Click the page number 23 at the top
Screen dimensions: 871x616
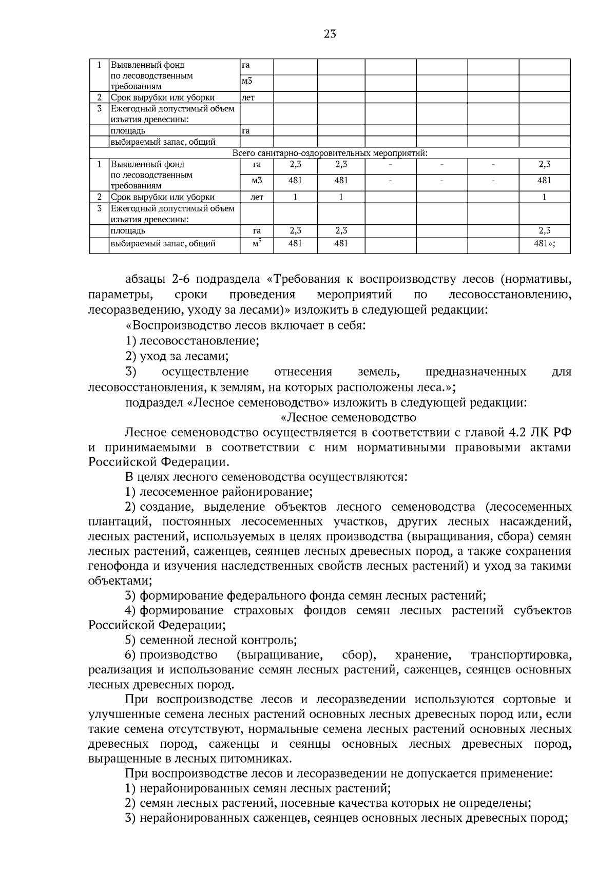point(330,34)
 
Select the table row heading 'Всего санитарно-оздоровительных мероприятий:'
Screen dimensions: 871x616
point(330,153)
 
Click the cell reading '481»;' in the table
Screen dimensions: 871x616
point(544,244)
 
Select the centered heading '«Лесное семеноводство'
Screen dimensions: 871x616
point(349,417)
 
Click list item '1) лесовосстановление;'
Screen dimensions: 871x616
point(192,341)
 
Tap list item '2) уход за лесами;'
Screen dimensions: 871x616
point(177,356)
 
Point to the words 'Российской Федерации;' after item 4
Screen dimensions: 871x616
point(157,625)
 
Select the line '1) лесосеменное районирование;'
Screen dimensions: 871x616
point(219,492)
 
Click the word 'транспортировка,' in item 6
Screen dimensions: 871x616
point(521,655)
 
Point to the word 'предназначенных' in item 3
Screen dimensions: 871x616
point(475,371)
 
